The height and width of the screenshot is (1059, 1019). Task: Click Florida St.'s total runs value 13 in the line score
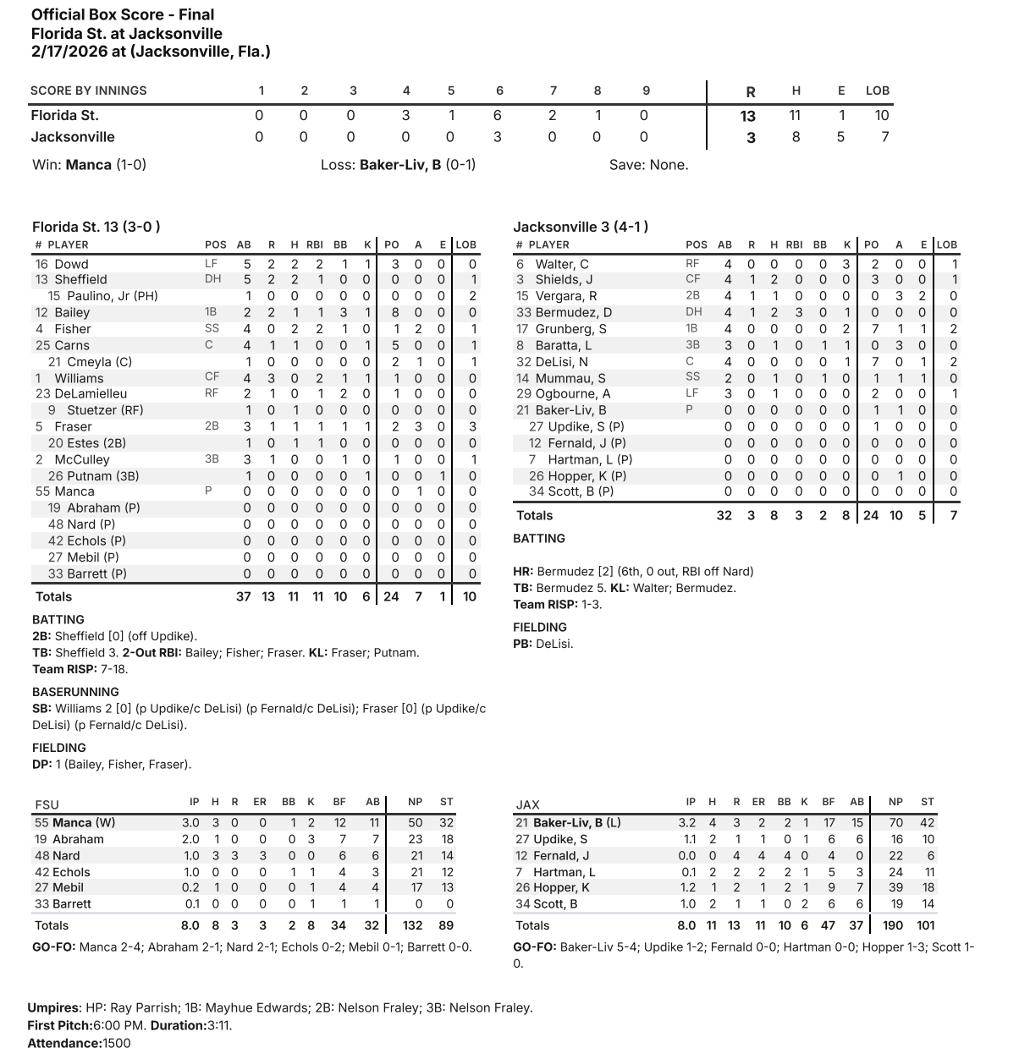point(750,117)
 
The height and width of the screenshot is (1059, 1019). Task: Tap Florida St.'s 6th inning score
point(498,116)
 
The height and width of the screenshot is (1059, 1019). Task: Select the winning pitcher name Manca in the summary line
point(89,165)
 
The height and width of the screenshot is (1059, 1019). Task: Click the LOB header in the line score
point(878,91)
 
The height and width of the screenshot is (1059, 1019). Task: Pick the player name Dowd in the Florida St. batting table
point(71,264)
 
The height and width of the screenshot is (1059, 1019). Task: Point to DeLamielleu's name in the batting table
point(91,393)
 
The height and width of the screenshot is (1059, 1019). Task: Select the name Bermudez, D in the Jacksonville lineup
point(573,312)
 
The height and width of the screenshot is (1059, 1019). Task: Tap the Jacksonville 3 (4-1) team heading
point(581,227)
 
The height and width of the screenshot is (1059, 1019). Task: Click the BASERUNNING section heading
point(75,692)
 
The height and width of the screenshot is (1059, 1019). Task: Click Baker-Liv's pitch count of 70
point(895,822)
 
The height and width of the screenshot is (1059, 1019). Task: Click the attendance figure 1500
point(117,1043)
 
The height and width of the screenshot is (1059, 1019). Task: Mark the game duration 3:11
point(218,1025)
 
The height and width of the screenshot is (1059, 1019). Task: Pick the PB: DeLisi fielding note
point(543,644)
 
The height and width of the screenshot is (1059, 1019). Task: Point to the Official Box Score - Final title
point(123,14)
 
